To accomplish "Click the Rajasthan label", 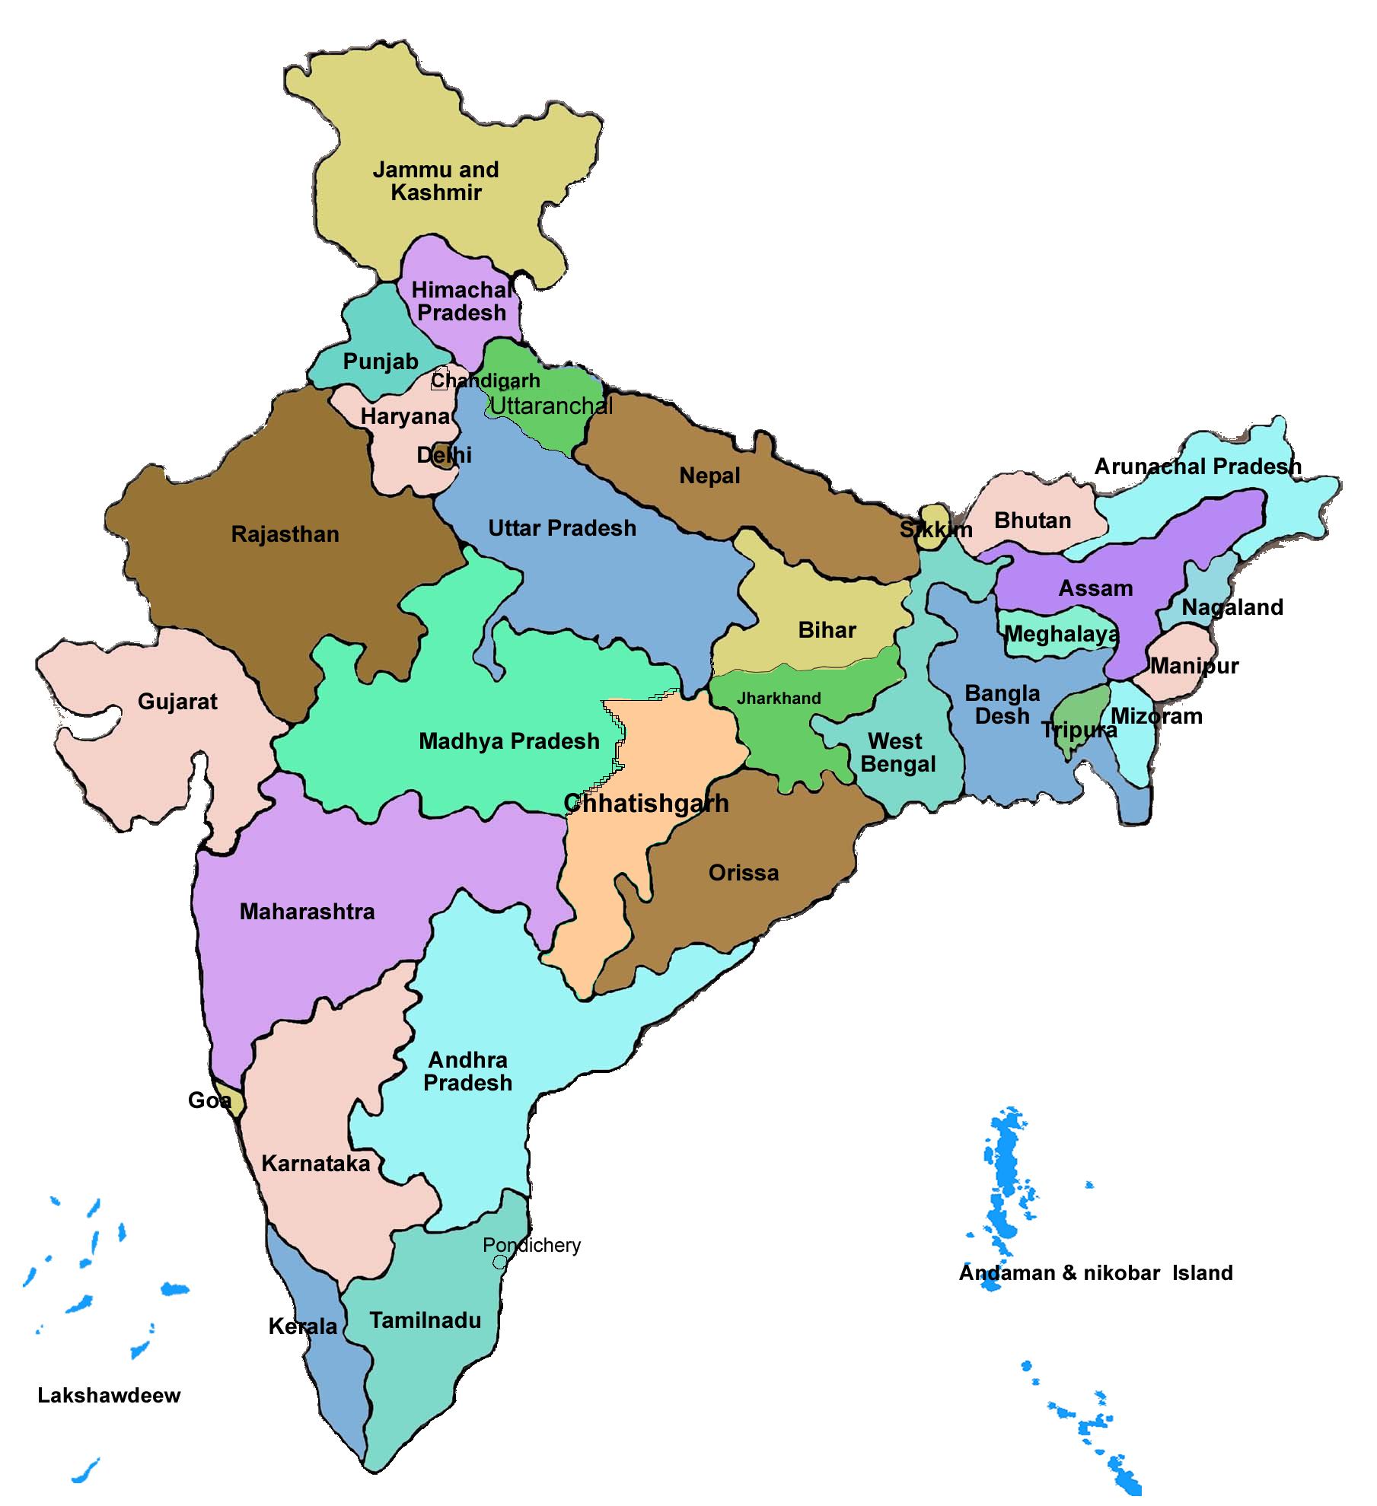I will coord(285,534).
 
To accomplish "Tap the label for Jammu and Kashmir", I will coord(435,181).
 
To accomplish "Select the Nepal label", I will coord(709,476).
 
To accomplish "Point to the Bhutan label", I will coord(1032,521).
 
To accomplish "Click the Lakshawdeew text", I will coord(109,1395).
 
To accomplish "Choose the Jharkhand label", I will coord(779,698).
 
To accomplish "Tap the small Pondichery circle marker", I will coord(500,1262).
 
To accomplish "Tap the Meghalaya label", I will coord(1062,634).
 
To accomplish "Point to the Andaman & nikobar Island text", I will coord(1095,1272).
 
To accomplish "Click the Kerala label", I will coord(302,1326).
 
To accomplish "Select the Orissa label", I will coord(744,873).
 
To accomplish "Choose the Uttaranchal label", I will coord(551,406).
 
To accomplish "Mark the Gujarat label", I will coord(177,701).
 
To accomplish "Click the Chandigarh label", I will coord(486,380).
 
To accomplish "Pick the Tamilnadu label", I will coord(425,1320).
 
